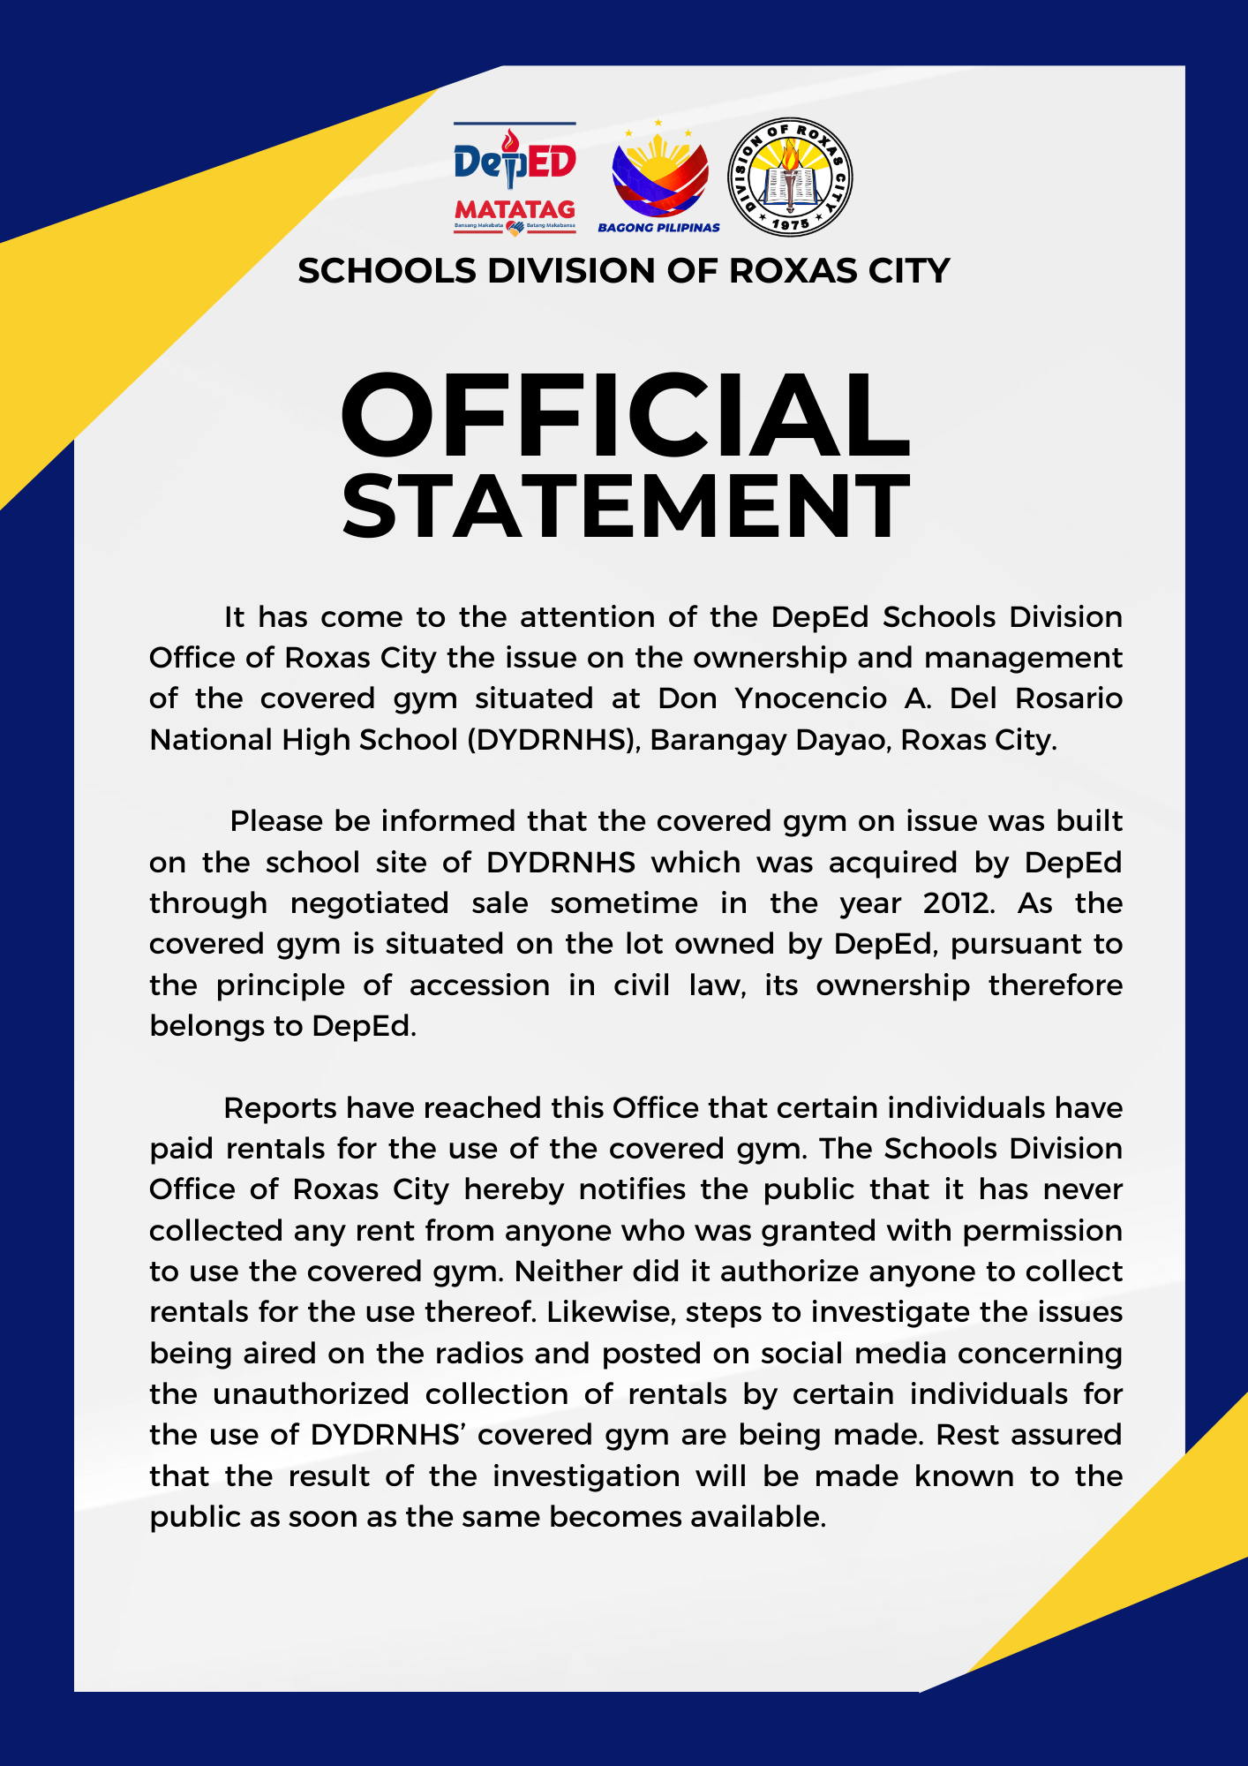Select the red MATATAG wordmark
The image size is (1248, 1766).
[515, 210]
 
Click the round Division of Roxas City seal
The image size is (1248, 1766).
[790, 177]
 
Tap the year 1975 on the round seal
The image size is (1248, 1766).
[791, 224]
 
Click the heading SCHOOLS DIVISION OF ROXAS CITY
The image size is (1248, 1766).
[624, 271]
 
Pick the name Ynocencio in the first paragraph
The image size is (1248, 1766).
[810, 698]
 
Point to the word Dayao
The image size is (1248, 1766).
[842, 740]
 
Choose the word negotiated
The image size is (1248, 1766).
[370, 903]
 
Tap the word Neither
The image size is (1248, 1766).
[568, 1272]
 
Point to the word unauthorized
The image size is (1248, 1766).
[311, 1394]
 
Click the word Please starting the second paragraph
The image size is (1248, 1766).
[276, 821]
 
